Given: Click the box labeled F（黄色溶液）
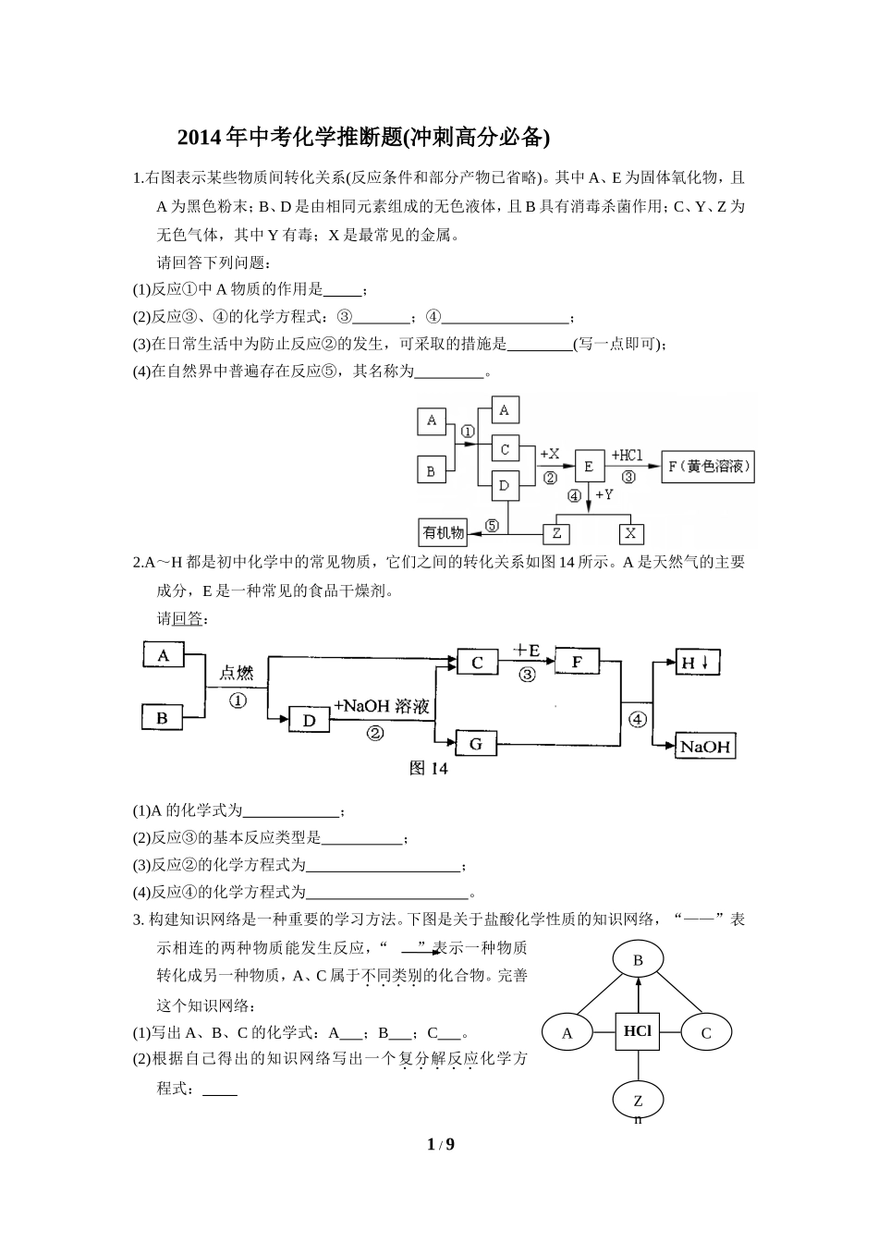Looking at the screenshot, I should tap(707, 467).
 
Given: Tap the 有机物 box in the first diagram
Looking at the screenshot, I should tap(444, 532).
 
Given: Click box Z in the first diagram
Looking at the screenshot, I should tap(555, 533).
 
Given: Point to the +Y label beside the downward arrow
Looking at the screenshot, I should tap(604, 495).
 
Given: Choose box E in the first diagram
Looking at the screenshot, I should tap(589, 467).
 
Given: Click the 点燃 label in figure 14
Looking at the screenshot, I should tap(236, 673).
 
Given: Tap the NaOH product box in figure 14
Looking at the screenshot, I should tap(705, 747).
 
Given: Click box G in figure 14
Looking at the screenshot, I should tap(477, 743).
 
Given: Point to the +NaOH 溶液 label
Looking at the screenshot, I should tap(382, 706).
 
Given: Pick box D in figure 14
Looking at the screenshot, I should tap(310, 720).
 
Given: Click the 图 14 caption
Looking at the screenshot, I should tap(428, 769).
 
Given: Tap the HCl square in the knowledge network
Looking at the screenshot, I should tap(638, 1031).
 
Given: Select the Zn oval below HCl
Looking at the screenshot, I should tap(638, 1102).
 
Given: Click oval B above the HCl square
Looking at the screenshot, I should tap(638, 961).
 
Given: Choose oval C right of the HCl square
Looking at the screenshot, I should tap(706, 1033).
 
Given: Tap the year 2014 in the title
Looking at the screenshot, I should tap(200, 138).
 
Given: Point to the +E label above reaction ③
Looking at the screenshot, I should tap(526, 652).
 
